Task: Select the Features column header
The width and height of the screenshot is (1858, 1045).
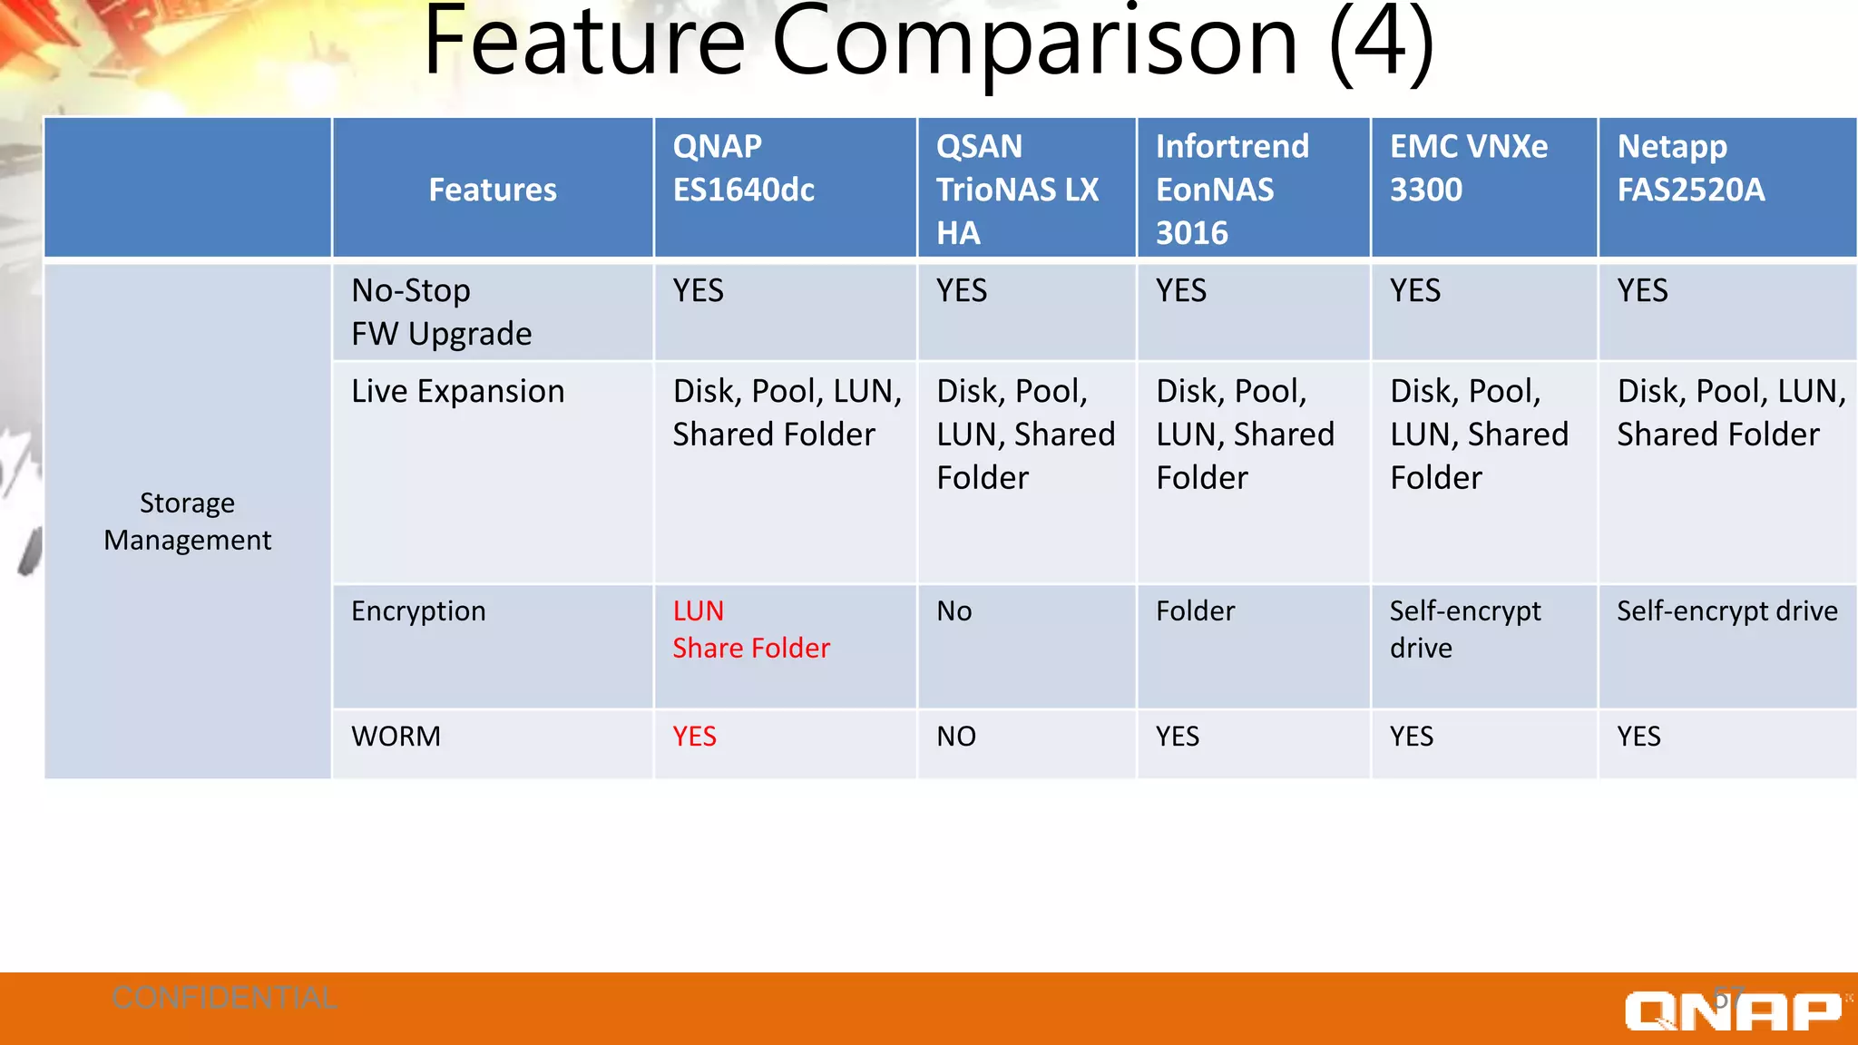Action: coord(493,190)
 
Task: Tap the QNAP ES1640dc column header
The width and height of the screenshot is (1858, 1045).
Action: coord(744,169)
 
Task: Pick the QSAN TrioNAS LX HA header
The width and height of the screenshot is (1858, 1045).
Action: coord(1017,190)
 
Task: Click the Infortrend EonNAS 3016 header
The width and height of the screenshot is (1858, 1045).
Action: coord(1232,190)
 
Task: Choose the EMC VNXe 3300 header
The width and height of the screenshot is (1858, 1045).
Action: coord(1468,169)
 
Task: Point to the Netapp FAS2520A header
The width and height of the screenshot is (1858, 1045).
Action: coord(1690,169)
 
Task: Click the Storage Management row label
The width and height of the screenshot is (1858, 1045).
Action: coord(187,522)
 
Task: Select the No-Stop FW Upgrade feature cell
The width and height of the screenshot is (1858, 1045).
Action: coord(442,312)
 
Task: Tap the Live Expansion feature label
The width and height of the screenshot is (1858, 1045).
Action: coord(458,392)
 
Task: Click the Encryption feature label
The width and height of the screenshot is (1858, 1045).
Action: coord(418,611)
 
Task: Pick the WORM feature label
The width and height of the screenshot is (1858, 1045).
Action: coord(396,737)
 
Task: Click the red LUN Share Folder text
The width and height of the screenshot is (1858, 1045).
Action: coord(750,630)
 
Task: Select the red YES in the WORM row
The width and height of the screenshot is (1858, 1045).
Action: coord(694,737)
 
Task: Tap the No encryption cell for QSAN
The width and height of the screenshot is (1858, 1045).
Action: coord(954,611)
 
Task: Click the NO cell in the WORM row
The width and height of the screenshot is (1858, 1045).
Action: coord(956,737)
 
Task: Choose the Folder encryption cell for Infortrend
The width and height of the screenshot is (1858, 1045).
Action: coord(1195,611)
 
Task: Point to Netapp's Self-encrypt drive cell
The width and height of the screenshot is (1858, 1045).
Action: coord(1726,611)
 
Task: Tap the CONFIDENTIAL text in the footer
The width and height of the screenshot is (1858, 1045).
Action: coord(224,998)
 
